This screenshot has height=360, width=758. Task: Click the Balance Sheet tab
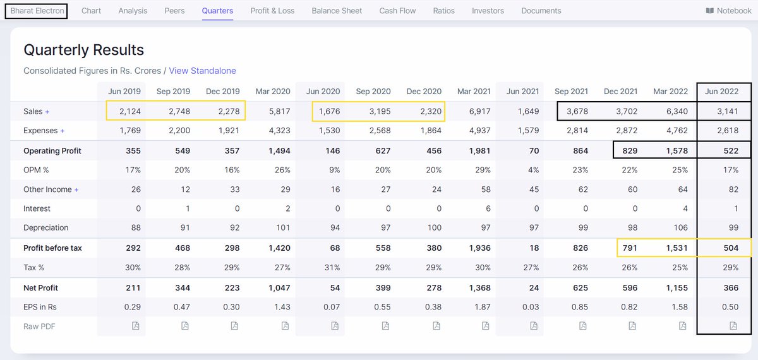click(x=337, y=11)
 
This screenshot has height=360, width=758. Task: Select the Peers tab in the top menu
click(x=174, y=11)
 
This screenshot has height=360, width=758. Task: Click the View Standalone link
click(x=202, y=71)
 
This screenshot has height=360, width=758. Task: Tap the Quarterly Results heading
click(x=83, y=50)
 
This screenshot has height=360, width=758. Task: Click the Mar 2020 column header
click(x=272, y=92)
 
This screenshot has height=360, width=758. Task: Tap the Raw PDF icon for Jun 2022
click(x=733, y=326)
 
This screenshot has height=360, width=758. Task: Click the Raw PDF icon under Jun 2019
click(x=135, y=326)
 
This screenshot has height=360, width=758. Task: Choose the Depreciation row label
click(x=45, y=227)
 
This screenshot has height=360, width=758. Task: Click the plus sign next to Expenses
click(x=62, y=131)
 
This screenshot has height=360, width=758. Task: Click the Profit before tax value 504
click(x=731, y=248)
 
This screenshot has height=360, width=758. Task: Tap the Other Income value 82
click(x=733, y=189)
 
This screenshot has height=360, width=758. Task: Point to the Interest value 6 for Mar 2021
click(x=488, y=208)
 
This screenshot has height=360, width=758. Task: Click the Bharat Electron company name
click(x=37, y=11)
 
